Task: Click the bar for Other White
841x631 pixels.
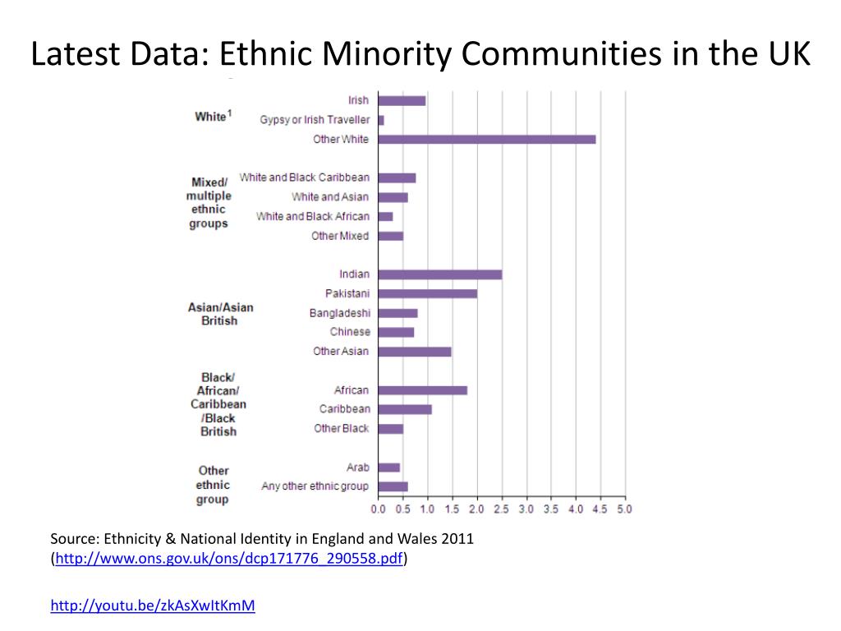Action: click(x=487, y=139)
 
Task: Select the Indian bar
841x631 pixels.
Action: click(x=440, y=274)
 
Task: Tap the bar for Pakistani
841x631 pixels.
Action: click(x=428, y=293)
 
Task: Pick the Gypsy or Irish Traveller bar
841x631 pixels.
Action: click(x=381, y=120)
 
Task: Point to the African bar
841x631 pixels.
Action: click(x=423, y=390)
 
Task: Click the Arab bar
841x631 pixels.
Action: click(x=389, y=467)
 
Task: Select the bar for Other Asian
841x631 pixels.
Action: click(x=415, y=352)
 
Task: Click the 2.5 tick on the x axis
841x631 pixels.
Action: click(x=502, y=509)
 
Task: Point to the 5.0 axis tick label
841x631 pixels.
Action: click(x=625, y=509)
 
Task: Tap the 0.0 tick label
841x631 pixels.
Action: click(x=379, y=509)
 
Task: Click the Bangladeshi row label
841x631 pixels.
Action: click(x=340, y=313)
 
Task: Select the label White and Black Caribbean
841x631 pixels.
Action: click(x=305, y=177)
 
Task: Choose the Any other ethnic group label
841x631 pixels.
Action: click(x=315, y=486)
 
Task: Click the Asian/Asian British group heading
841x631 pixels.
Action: click(x=220, y=314)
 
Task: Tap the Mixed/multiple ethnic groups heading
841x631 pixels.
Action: click(x=209, y=203)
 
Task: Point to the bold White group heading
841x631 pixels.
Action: click(x=210, y=117)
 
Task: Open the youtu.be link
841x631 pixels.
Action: click(x=153, y=606)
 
